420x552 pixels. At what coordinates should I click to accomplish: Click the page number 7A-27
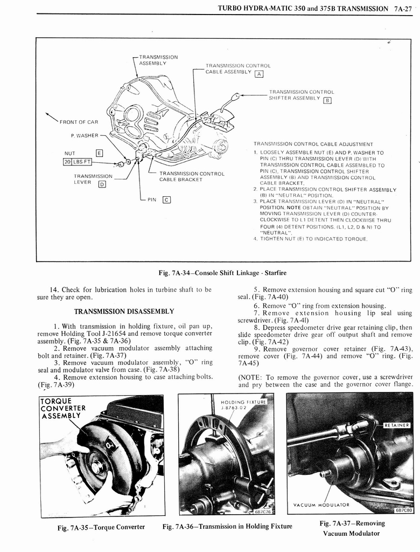403,9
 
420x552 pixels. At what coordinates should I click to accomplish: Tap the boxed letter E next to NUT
99,153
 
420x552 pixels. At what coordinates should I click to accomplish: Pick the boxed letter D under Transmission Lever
101,184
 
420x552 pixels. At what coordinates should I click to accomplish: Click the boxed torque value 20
68,162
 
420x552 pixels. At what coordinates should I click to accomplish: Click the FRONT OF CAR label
79,122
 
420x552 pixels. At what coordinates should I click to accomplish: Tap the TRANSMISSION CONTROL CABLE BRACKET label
192,176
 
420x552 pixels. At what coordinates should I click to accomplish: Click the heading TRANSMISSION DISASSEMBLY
124,311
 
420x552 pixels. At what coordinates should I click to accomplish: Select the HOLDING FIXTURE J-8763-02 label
244,405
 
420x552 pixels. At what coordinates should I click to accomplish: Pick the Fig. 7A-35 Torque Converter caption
101,527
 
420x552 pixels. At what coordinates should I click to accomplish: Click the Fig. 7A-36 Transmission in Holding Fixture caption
227,526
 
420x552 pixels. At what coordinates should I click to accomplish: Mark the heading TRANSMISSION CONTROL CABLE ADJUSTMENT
313,144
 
